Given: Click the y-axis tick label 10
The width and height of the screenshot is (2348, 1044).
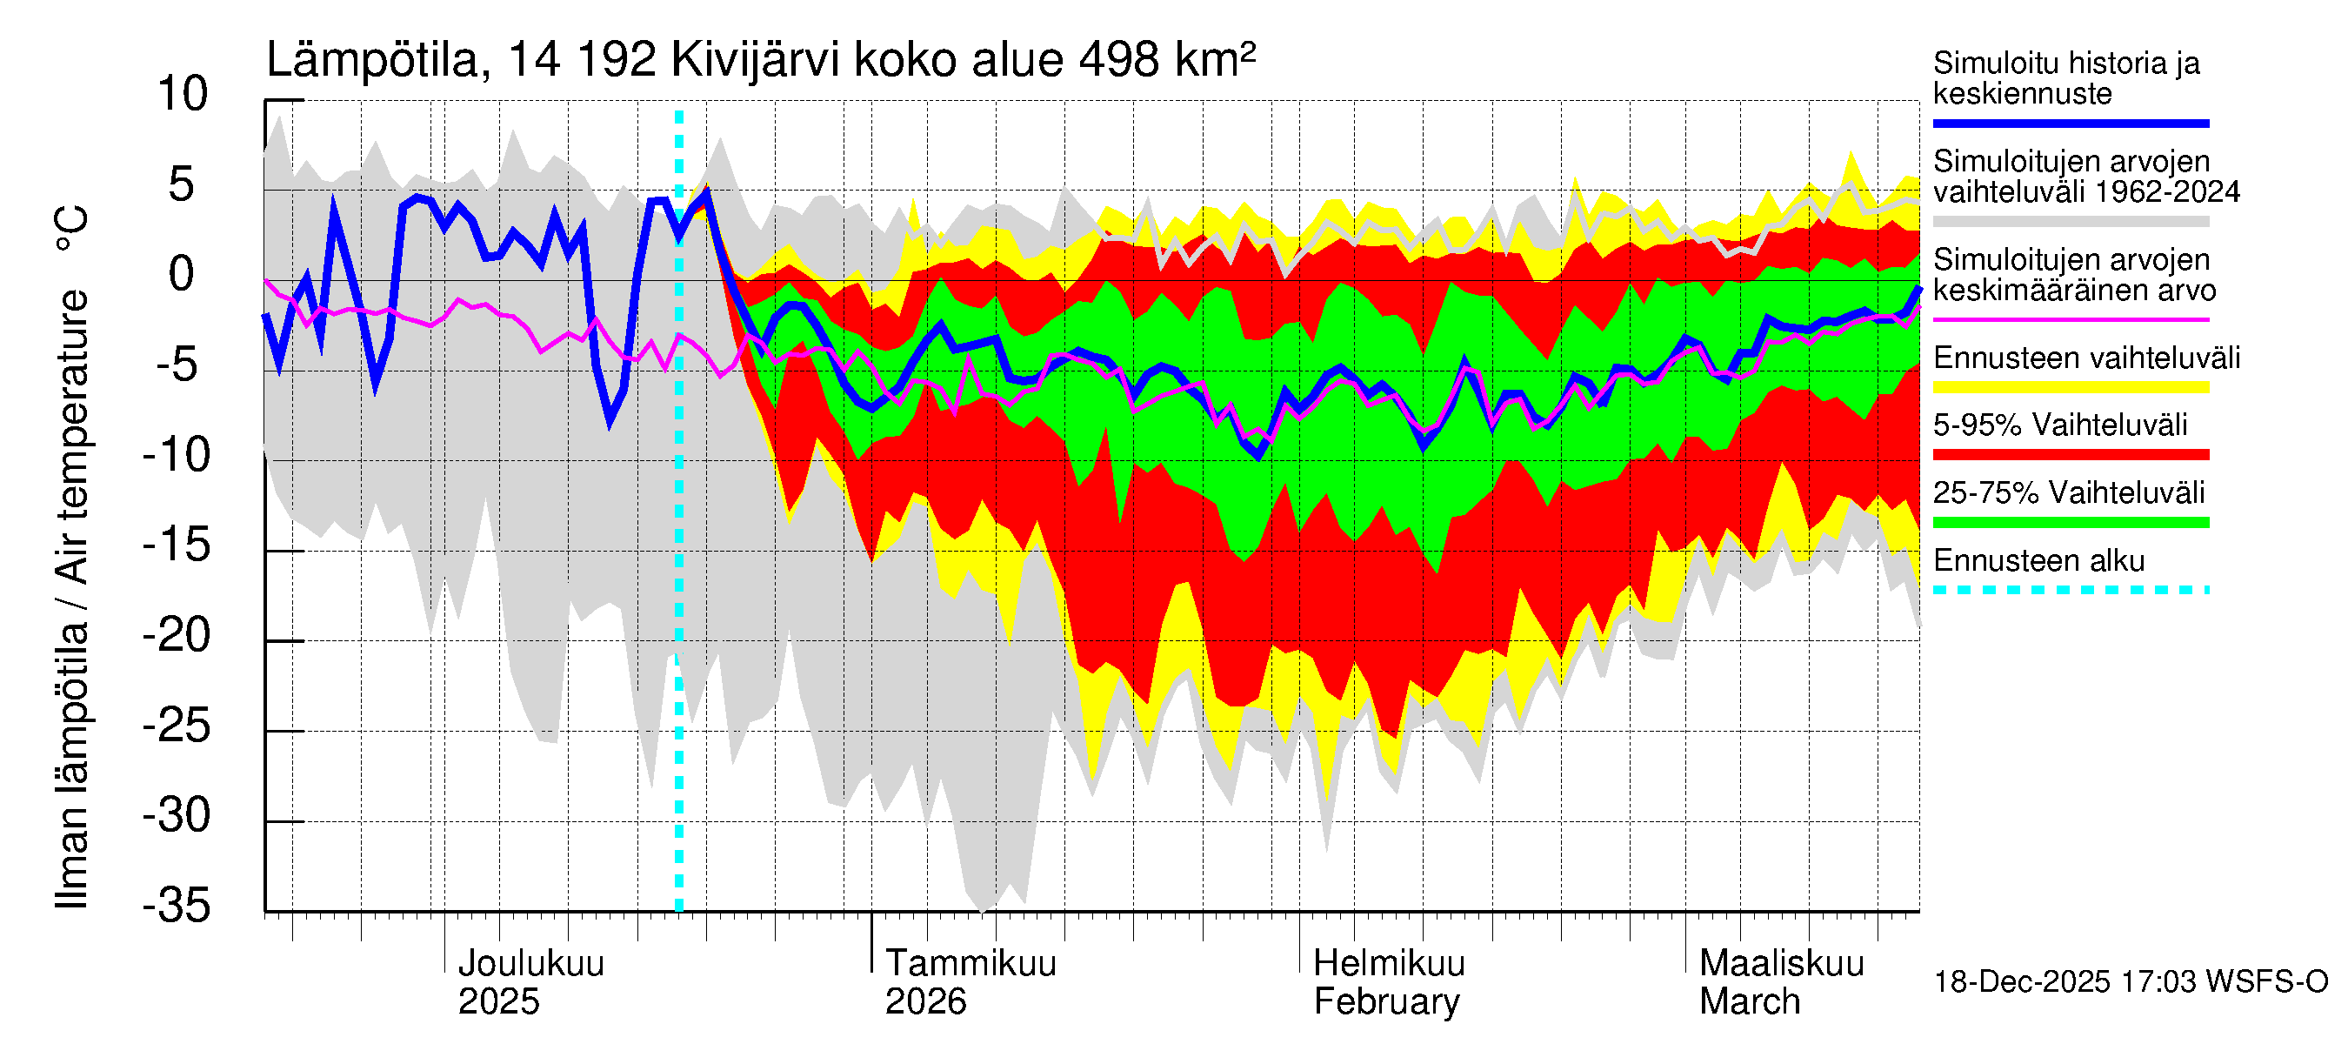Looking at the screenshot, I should click(x=183, y=95).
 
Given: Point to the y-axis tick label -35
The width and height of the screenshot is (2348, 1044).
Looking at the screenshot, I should click(x=177, y=907).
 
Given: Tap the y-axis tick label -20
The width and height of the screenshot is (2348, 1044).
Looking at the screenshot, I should click(x=177, y=635).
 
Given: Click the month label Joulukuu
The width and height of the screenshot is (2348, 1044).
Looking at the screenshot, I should click(x=530, y=964).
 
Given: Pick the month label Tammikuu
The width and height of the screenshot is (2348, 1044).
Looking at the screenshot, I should click(x=970, y=964).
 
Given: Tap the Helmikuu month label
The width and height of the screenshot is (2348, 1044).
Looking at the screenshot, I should click(x=1388, y=964).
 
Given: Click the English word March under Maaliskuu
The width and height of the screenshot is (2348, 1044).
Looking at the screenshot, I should click(x=1749, y=1002).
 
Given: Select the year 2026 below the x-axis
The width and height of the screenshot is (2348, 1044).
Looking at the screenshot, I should click(x=925, y=1002).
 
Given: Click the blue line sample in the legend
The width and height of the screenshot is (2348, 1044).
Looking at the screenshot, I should click(x=2070, y=123).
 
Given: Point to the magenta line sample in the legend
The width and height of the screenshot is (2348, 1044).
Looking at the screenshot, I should click(x=2070, y=320).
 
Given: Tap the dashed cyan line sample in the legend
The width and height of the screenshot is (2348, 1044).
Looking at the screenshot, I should click(x=2070, y=590).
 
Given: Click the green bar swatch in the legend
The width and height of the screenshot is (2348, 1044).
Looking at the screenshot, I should click(x=2070, y=523).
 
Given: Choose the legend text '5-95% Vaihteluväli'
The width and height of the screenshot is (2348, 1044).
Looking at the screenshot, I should click(x=2060, y=425).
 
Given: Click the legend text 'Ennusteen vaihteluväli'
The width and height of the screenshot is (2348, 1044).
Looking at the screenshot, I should click(x=2086, y=358).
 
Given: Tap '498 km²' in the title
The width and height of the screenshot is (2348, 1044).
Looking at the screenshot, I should click(x=1167, y=60).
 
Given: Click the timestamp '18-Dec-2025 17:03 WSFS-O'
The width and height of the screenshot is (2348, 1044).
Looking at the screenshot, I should click(x=2130, y=982).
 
